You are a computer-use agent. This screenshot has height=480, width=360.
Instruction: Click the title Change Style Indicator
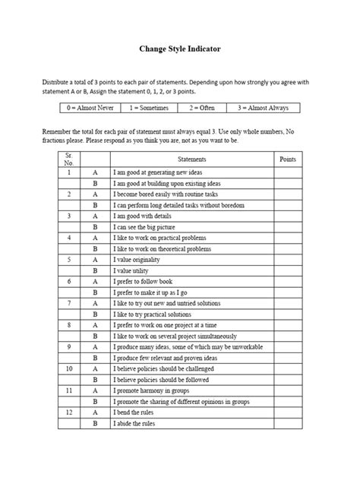pos(180,49)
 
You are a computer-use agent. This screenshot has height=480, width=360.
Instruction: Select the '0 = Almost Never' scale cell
pos(90,109)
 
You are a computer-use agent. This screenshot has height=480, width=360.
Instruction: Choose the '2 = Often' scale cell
pos(202,109)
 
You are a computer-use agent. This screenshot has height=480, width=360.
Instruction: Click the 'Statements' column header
pos(191,159)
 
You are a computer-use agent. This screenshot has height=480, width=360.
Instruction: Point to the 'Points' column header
pos(288,159)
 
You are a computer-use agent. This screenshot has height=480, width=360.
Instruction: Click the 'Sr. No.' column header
pos(70,159)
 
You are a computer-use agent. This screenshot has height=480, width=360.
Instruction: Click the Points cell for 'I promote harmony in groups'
pos(288,390)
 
